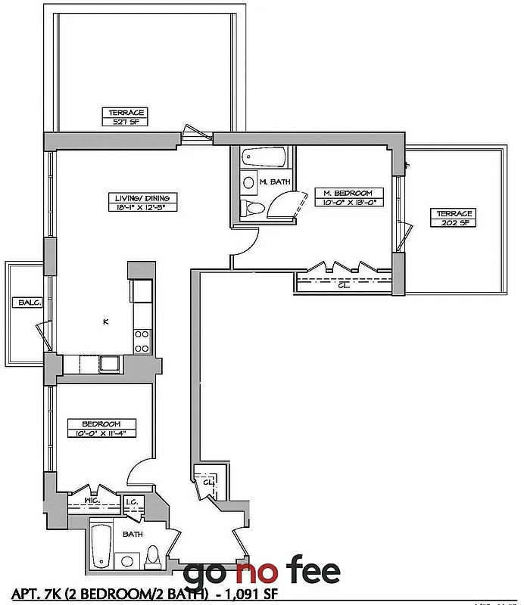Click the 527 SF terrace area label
126,121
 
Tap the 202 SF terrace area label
454,222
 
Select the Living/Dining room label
132,198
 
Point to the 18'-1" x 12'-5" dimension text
132,206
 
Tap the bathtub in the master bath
264,158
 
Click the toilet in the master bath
253,208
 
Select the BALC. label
22,303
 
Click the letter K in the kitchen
106,322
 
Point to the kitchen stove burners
142,341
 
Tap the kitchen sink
110,363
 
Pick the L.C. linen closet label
131,501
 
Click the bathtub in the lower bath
99,546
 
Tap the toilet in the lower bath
154,558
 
